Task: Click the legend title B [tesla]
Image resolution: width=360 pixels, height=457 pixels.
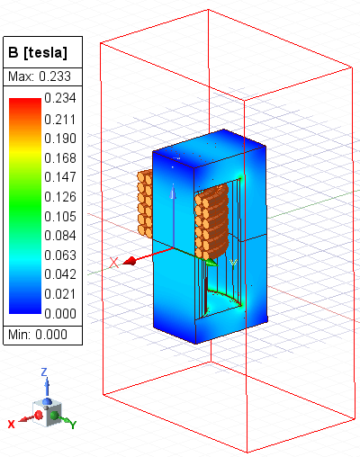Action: [x=38, y=52]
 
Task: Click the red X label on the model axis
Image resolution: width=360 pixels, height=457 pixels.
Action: [x=113, y=263]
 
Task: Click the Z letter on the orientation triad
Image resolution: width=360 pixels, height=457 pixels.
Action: [x=44, y=372]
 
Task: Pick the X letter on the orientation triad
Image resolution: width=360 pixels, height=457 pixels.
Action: [x=11, y=423]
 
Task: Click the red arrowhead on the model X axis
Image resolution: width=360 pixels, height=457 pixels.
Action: [x=130, y=260]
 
